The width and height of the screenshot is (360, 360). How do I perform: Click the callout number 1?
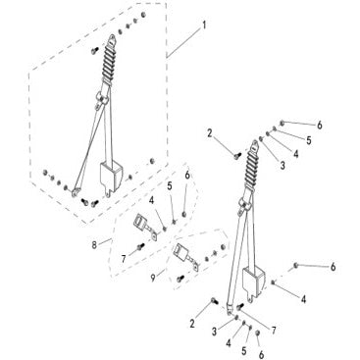coord(204,26)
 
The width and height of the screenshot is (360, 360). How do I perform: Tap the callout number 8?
coord(94,245)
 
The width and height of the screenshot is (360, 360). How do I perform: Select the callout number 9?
coord(153,279)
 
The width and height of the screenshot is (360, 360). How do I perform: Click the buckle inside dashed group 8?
coord(145,227)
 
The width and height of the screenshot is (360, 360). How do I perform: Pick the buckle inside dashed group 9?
coord(185,257)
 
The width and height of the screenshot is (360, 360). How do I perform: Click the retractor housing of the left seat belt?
coord(111,177)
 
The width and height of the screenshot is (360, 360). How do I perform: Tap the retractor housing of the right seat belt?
coord(253,282)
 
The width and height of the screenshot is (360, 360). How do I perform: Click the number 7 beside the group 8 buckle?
coord(124,260)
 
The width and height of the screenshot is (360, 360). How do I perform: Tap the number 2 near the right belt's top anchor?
coord(210,133)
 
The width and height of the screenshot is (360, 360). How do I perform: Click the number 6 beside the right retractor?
coord(333,267)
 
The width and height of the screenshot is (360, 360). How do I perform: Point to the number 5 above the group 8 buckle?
coord(170,186)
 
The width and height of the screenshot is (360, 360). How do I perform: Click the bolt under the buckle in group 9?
coord(180,279)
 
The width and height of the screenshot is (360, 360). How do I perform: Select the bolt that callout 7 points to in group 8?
coord(140,246)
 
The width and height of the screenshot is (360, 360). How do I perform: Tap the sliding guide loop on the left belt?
coord(101,98)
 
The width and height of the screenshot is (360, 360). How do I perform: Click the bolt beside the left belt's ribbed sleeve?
coord(94,50)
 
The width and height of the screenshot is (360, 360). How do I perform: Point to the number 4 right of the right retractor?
coord(303,299)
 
